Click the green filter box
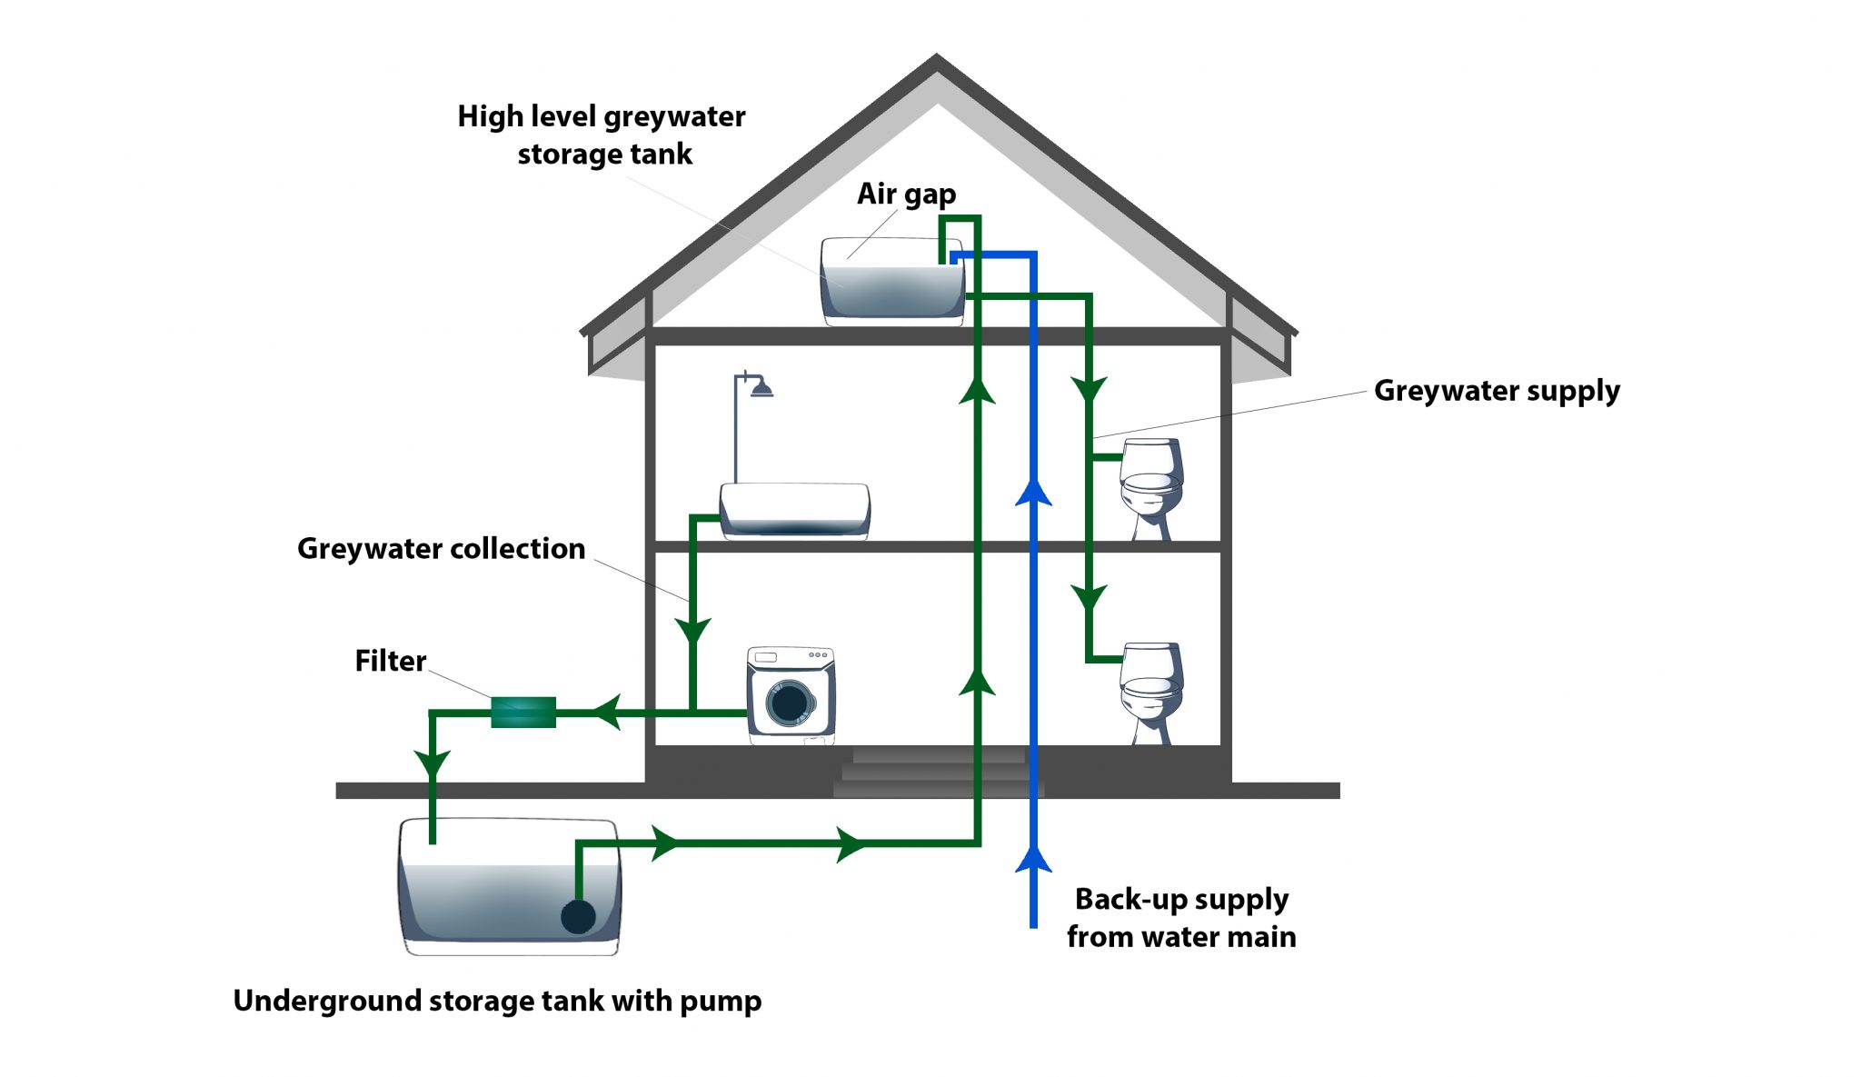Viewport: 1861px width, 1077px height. pos(523,713)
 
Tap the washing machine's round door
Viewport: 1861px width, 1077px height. pos(789,703)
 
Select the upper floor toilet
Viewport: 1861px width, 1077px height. pos(1151,489)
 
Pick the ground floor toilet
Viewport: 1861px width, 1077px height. pos(1151,693)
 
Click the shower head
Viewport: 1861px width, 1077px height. pos(761,388)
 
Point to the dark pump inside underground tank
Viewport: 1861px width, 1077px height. pos(578,916)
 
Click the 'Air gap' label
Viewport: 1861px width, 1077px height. pos(906,194)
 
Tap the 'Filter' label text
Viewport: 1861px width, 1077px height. pos(390,661)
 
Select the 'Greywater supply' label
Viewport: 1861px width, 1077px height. pos(1497,391)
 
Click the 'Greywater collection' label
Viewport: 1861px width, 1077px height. pos(441,549)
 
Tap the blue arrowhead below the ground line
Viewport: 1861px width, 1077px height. pos(1033,859)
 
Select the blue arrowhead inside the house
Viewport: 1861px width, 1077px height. pos(1033,492)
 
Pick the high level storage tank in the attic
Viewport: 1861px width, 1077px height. pos(892,282)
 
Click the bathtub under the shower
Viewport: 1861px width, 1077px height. pos(795,511)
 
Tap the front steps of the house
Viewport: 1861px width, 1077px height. pos(939,773)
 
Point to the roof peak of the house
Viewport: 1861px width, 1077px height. pos(937,56)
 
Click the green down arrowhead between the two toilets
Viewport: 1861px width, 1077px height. pos(1089,598)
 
